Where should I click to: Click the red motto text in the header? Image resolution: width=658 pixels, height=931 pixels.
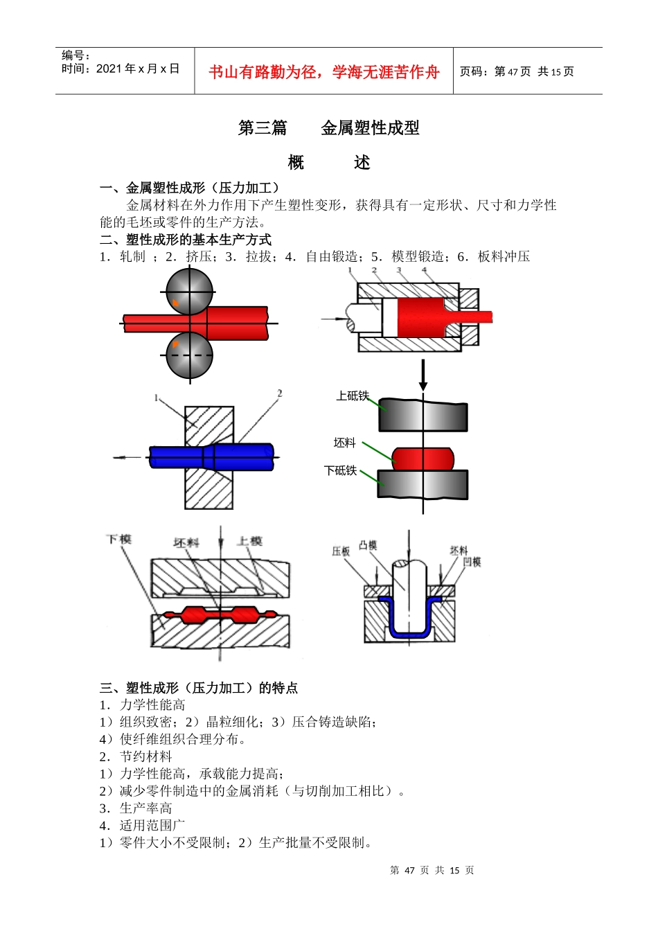(323, 72)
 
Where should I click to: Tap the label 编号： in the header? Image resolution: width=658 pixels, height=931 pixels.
(76, 55)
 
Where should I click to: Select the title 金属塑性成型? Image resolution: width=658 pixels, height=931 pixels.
(370, 128)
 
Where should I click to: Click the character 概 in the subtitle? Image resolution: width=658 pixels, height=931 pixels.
(296, 163)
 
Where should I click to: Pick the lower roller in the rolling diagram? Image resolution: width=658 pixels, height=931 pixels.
(189, 355)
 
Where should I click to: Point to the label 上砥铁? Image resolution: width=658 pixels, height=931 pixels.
(352, 396)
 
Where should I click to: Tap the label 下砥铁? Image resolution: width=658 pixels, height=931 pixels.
(340, 470)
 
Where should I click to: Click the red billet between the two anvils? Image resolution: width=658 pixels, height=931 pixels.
(423, 458)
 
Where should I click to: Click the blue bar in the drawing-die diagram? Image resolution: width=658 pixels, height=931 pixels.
(211, 456)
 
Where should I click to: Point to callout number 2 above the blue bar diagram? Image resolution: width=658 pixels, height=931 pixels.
(280, 393)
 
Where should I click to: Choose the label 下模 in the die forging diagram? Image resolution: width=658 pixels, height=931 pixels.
(119, 539)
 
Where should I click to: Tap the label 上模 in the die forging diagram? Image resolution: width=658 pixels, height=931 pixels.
(249, 541)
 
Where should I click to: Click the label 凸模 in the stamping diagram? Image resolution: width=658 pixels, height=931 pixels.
(368, 545)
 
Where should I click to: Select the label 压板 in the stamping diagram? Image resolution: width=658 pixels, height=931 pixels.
(341, 551)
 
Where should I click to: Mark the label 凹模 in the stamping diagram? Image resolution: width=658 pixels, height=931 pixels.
(472, 562)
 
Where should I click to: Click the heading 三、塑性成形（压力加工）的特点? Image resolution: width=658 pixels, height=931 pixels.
(199, 688)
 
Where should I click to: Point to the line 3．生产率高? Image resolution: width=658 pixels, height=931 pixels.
(136, 808)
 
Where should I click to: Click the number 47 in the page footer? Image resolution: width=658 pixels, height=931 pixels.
(409, 871)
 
